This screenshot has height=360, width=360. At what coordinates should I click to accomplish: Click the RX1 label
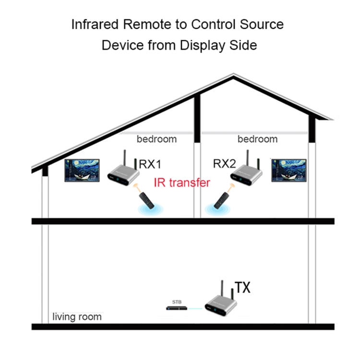[150, 165]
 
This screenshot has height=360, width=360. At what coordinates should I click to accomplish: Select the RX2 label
[225, 165]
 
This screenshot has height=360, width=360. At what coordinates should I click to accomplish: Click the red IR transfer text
[182, 182]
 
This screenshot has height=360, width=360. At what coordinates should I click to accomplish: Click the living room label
[77, 317]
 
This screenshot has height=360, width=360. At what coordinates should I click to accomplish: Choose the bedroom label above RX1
[156, 139]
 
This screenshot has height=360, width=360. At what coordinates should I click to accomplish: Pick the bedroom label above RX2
[257, 139]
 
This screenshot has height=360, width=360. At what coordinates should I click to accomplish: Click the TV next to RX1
[82, 171]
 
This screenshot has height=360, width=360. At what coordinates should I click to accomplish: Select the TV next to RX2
[288, 170]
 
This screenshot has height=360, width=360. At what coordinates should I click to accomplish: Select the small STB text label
[177, 302]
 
